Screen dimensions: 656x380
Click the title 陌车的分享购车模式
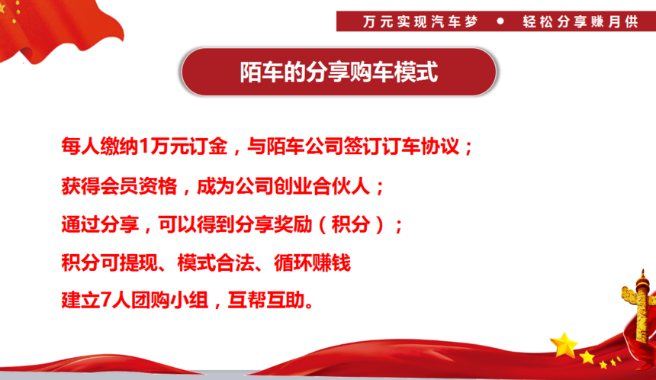point(339,72)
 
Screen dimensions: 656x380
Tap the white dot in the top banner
point(500,21)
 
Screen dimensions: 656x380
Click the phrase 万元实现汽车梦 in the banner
point(420,21)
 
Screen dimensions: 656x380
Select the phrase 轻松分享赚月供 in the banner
point(580,21)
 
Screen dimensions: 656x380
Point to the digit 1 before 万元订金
point(144,147)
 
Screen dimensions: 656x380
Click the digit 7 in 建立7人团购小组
point(106,300)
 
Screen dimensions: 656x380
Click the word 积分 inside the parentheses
point(351,224)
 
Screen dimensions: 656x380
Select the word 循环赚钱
point(312,262)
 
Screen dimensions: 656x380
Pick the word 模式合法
point(216,262)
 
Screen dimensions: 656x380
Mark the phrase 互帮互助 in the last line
point(266,300)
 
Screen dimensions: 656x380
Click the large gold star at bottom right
point(564,345)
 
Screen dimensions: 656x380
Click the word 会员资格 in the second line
point(139,186)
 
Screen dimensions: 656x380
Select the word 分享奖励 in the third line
point(274,224)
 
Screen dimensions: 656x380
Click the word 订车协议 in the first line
point(421,147)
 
